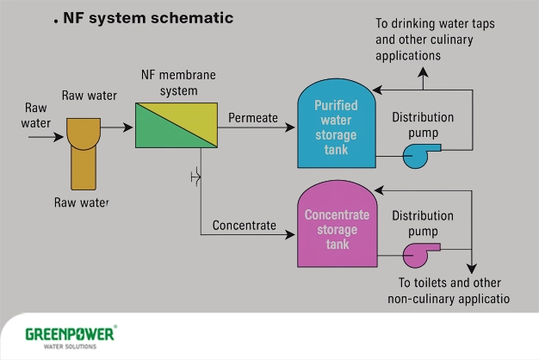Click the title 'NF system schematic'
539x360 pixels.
point(148,18)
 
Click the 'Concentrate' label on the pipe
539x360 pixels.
point(245,226)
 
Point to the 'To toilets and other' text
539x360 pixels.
point(449,282)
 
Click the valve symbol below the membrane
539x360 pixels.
point(198,178)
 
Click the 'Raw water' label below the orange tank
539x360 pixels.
point(83,202)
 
